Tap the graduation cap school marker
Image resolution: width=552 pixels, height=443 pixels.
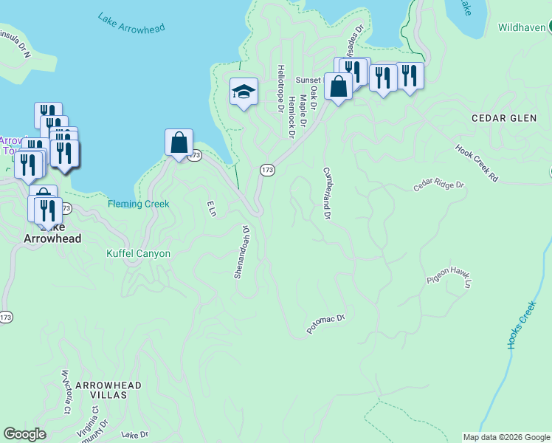tap(244, 92)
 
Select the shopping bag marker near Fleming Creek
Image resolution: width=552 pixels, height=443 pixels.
tap(179, 142)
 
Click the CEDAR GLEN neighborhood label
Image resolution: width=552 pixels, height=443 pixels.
tap(499, 118)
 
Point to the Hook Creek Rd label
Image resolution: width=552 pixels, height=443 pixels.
tap(477, 162)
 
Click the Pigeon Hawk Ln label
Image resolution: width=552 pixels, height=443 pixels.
tap(448, 279)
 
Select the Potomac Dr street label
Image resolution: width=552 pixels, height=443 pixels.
tap(326, 324)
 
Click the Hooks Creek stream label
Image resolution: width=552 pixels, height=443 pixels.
tap(520, 325)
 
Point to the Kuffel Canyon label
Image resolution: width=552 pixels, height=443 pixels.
tap(139, 254)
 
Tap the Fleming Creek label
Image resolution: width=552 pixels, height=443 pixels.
tap(139, 204)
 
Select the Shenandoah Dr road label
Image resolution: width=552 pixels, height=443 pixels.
tap(242, 252)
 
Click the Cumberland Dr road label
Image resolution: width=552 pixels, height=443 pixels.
tap(325, 193)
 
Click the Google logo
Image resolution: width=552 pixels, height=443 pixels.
tap(25, 434)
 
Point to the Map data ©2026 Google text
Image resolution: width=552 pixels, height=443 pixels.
tap(506, 437)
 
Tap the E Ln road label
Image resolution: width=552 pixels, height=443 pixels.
tap(210, 208)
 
